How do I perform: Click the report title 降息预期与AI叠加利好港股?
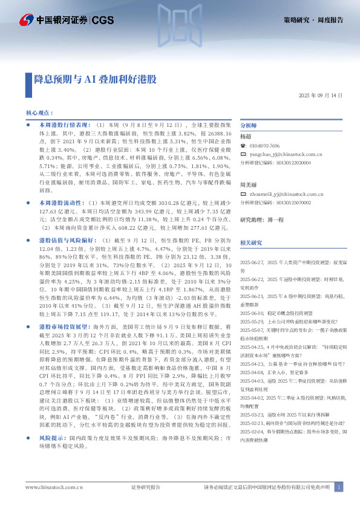(95, 79)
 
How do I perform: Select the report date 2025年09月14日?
(321, 96)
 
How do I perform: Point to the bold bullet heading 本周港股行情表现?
(63, 123)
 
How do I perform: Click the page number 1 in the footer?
(340, 487)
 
